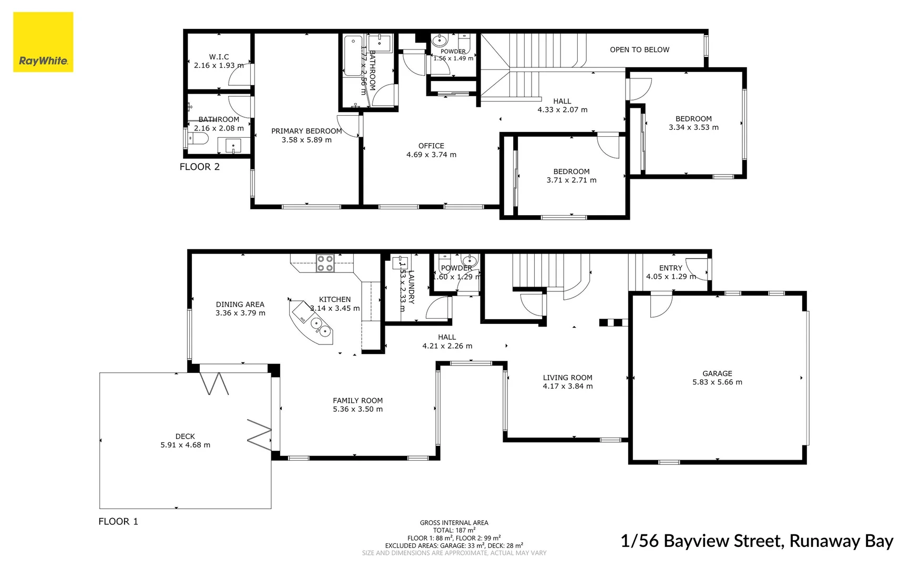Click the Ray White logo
[43, 42]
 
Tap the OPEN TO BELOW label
[639, 49]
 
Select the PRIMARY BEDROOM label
[306, 131]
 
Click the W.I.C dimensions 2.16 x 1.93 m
[219, 66]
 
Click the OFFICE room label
[431, 146]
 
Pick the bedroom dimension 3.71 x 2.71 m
[571, 180]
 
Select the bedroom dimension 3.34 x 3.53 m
[693, 127]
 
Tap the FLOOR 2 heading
[199, 167]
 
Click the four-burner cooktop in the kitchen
[324, 263]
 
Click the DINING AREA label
[240, 304]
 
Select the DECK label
[185, 436]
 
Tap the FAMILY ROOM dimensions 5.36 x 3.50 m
[358, 409]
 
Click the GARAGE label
[717, 373]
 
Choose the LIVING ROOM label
[567, 378]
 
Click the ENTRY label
[670, 268]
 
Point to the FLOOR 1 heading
[118, 521]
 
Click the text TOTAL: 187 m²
[454, 530]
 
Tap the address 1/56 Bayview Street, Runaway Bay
[757, 541]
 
